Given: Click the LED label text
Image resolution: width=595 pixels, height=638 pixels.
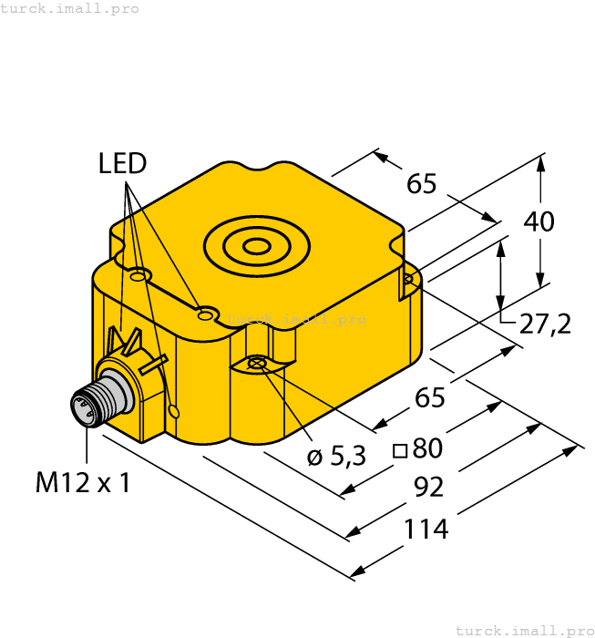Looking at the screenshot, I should pyautogui.click(x=122, y=164).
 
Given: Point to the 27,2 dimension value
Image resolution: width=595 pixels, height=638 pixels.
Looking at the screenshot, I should pyautogui.click(x=546, y=323).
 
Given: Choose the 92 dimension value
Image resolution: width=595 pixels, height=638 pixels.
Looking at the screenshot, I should pyautogui.click(x=428, y=488).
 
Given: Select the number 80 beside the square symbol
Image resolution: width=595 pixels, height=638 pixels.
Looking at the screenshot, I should pyautogui.click(x=427, y=448).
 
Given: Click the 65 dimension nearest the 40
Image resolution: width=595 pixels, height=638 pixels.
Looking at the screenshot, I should pyautogui.click(x=422, y=184).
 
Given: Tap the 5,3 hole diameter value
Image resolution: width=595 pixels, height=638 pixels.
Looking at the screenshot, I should pyautogui.click(x=348, y=455).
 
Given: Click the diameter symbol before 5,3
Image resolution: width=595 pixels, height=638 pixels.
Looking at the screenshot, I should pyautogui.click(x=314, y=458).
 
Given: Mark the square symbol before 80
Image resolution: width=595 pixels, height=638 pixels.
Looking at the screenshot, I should pyautogui.click(x=399, y=449).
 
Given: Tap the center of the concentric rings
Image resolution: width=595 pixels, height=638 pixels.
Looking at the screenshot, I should pyautogui.click(x=258, y=245).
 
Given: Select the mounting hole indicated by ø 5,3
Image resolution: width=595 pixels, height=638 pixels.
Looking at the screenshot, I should pyautogui.click(x=257, y=365).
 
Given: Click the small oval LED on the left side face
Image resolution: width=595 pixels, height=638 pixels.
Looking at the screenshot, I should pyautogui.click(x=175, y=413).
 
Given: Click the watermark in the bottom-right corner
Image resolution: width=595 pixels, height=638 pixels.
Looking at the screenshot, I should pyautogui.click(x=523, y=630).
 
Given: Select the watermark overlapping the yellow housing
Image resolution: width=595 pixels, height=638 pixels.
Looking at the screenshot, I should pyautogui.click(x=296, y=319).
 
